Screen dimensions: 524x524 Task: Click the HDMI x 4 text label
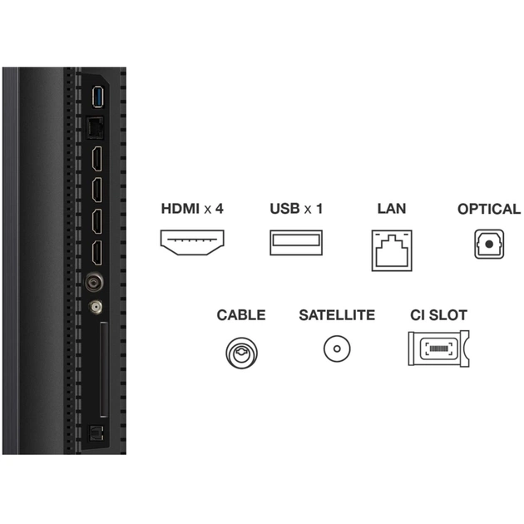[x=191, y=209]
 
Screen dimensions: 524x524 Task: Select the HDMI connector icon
[x=191, y=242]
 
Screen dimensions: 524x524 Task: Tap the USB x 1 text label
[x=296, y=209]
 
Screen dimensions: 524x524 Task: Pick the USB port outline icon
[x=295, y=242]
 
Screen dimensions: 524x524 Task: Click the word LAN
[x=391, y=209]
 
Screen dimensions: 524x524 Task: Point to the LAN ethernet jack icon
[x=391, y=249]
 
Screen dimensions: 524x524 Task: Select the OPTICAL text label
[x=488, y=209]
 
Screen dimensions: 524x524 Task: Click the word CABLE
[x=240, y=315]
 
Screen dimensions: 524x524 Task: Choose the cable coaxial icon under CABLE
[x=240, y=350]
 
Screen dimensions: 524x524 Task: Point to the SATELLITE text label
[x=337, y=315]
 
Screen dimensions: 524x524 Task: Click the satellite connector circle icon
[x=337, y=349]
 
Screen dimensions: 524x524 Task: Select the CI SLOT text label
[x=438, y=315]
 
